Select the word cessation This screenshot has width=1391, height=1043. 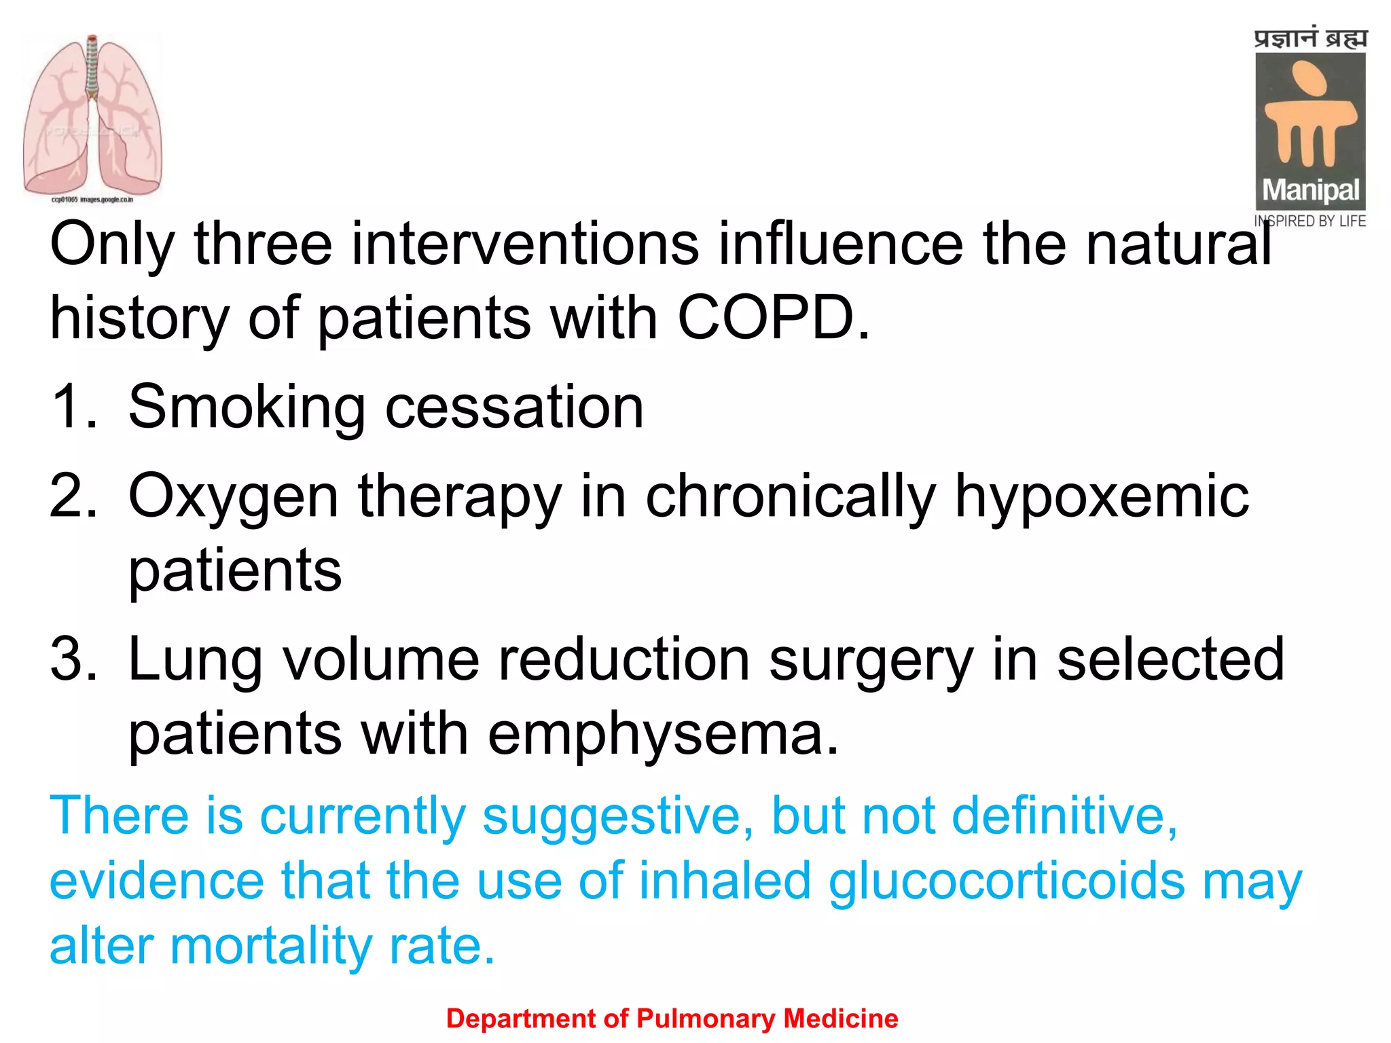coord(514,407)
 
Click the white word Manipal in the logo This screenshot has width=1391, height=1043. coord(1310,191)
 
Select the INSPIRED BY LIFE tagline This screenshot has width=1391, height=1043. coord(1310,221)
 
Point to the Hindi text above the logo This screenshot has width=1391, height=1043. coord(1310,38)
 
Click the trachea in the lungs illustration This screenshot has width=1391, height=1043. coord(92,68)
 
